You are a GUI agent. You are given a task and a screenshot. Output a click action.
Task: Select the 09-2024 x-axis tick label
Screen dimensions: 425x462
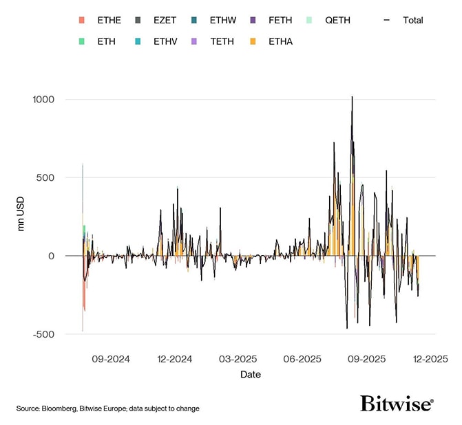[110, 359]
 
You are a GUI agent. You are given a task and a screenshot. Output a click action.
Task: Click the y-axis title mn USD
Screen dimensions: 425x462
[21, 217]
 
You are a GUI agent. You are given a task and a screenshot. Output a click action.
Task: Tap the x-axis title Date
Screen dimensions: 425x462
[250, 375]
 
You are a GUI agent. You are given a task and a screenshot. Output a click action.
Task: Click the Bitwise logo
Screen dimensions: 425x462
[397, 404]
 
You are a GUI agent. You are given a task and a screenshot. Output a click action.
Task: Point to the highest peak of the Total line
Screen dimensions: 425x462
[352, 97]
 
